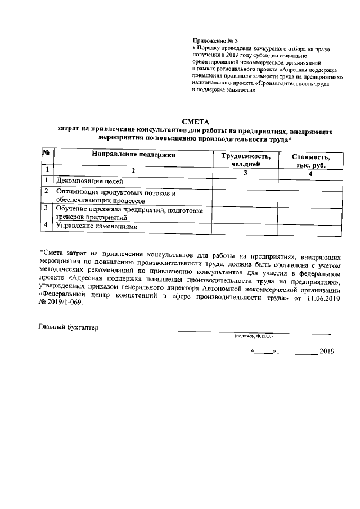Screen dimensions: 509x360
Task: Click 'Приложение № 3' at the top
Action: coord(215,40)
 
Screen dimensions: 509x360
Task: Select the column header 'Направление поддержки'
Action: coord(133,154)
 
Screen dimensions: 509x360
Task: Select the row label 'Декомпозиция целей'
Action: coord(89,181)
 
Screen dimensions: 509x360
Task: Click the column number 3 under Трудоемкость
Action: coord(245,173)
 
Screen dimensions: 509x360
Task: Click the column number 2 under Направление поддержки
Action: coord(133,170)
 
